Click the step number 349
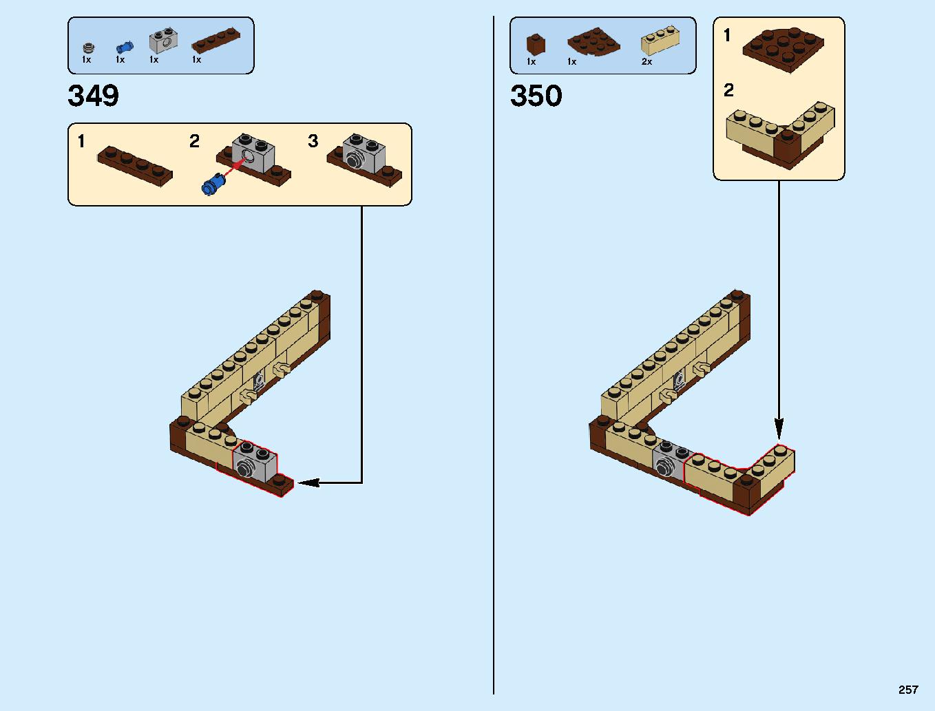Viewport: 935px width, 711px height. pyautogui.click(x=93, y=96)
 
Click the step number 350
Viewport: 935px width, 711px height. pyautogui.click(x=536, y=96)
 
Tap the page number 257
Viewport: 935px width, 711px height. pyautogui.click(x=907, y=690)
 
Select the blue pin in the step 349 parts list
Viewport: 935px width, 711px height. pyautogui.click(x=124, y=47)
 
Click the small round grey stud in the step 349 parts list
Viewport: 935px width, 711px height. pyautogui.click(x=87, y=48)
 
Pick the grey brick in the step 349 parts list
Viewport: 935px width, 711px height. pyautogui.click(x=163, y=41)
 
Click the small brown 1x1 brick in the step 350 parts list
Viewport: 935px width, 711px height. pyautogui.click(x=535, y=45)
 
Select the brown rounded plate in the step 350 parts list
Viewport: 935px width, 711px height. pyautogui.click(x=593, y=43)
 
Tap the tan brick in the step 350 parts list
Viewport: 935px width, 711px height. pyautogui.click(x=660, y=41)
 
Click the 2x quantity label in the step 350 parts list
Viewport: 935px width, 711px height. pyautogui.click(x=647, y=62)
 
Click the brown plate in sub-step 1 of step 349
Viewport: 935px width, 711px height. pyautogui.click(x=134, y=166)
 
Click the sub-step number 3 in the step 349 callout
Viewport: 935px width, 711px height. pyautogui.click(x=313, y=141)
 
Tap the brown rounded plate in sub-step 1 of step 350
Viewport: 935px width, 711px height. pyautogui.click(x=784, y=50)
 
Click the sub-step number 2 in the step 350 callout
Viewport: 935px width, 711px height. pyautogui.click(x=728, y=90)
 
